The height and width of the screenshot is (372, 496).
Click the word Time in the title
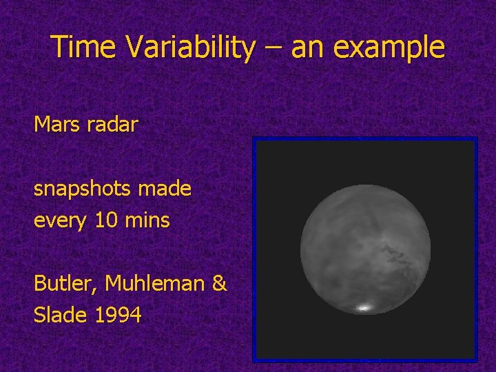point(78,48)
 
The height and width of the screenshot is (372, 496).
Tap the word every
point(56,221)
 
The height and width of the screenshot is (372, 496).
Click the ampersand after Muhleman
point(218,283)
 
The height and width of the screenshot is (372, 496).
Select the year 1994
point(118,315)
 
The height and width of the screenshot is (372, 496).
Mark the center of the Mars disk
point(364,249)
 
